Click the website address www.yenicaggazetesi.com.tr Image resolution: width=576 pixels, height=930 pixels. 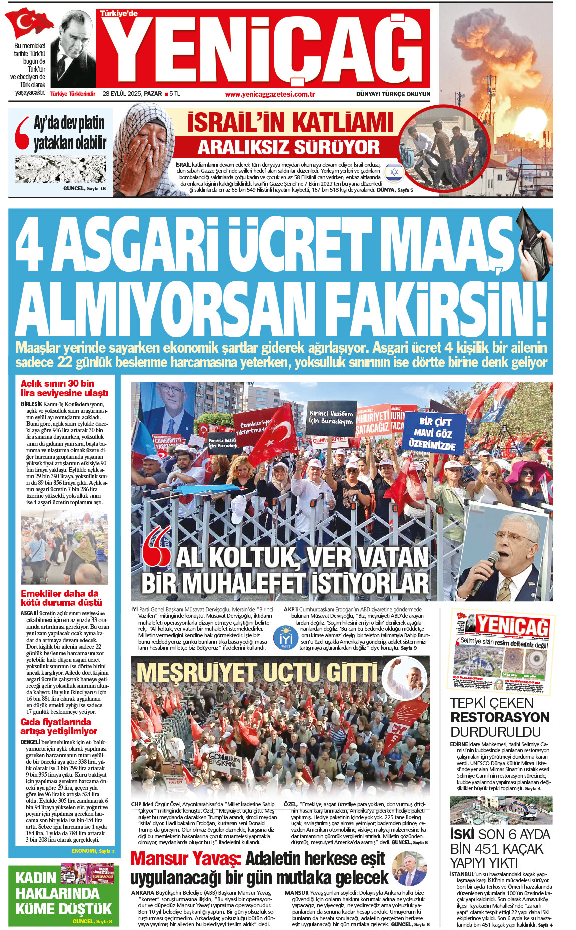click(269, 94)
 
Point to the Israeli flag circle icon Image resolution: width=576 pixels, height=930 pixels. click(394, 172)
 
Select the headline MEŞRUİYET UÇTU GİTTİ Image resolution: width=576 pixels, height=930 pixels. click(257, 672)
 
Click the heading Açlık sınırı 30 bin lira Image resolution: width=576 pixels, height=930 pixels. click(64, 388)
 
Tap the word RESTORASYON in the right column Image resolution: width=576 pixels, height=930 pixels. click(500, 717)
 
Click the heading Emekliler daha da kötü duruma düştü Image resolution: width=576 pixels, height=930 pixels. click(61, 598)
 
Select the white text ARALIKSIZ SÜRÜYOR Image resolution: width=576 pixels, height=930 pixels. click(289, 147)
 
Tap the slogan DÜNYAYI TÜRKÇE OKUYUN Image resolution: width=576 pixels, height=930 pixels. click(393, 94)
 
